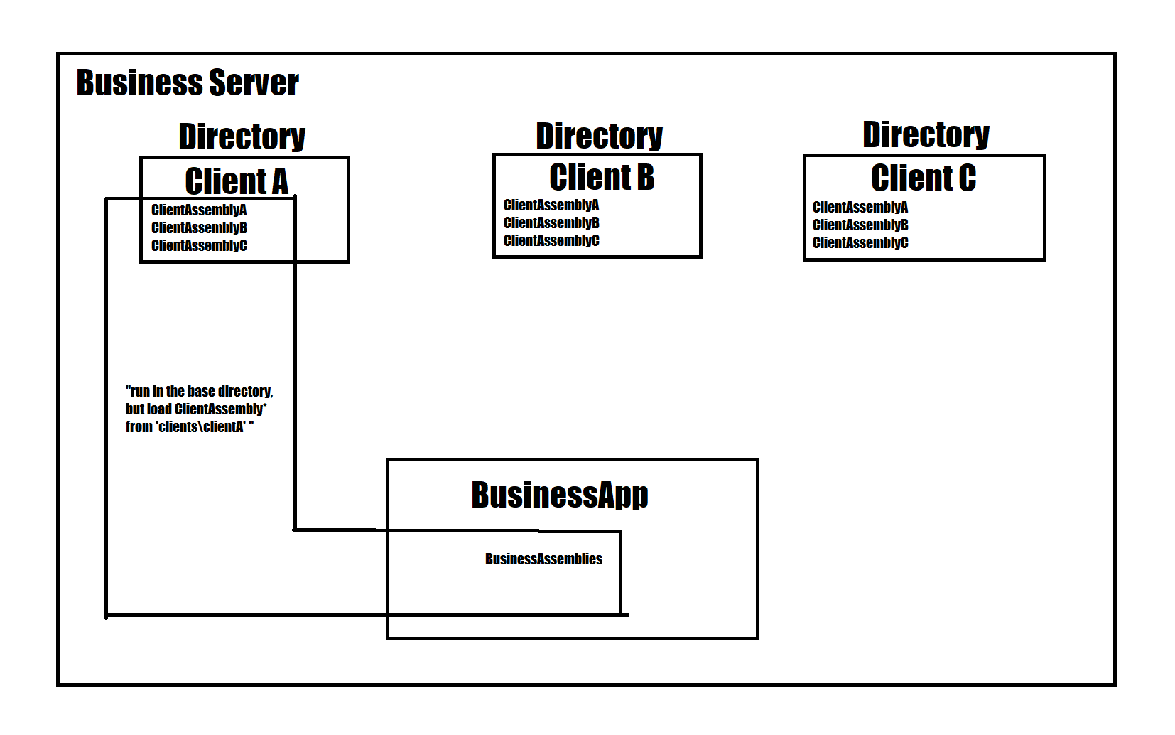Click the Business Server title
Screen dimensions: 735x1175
[x=188, y=83]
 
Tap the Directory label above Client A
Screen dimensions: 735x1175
[x=242, y=136]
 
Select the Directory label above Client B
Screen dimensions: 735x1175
[x=599, y=136]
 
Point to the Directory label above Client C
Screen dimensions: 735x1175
[x=926, y=134]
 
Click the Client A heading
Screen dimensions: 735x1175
[x=237, y=181]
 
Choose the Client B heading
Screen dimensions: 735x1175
[x=602, y=177]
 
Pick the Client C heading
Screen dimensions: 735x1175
[x=924, y=178]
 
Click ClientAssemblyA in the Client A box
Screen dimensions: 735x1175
[x=199, y=210]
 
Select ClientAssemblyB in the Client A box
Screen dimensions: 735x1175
[x=199, y=227]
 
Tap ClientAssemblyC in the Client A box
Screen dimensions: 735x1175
[x=199, y=245]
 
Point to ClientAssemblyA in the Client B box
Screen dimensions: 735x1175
[x=551, y=205]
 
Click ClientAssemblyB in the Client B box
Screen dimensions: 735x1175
[x=551, y=222]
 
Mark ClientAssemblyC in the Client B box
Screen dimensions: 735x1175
[x=551, y=240]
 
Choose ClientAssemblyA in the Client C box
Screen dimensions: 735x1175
[x=860, y=207]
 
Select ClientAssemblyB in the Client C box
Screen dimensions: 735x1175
[x=860, y=225]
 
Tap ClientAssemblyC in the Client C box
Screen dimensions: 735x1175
[x=860, y=242]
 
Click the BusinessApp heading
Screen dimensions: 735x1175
[x=560, y=495]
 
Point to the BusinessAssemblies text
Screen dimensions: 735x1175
[x=543, y=559]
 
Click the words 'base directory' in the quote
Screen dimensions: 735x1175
[x=230, y=391]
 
